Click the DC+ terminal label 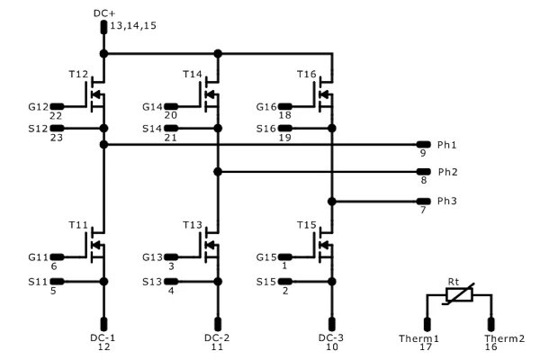tap(104, 13)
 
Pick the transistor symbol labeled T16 tap(325, 94)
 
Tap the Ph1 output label tap(447, 144)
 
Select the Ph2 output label tap(447, 171)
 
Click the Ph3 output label tap(447, 200)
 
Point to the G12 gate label tap(39, 106)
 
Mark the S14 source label tap(152, 129)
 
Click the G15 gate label tap(266, 256)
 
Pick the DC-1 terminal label tap(103, 337)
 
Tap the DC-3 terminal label tap(332, 337)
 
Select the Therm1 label tap(418, 338)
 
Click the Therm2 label tap(491, 338)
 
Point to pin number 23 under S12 tap(56, 138)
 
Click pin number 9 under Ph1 tap(422, 154)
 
